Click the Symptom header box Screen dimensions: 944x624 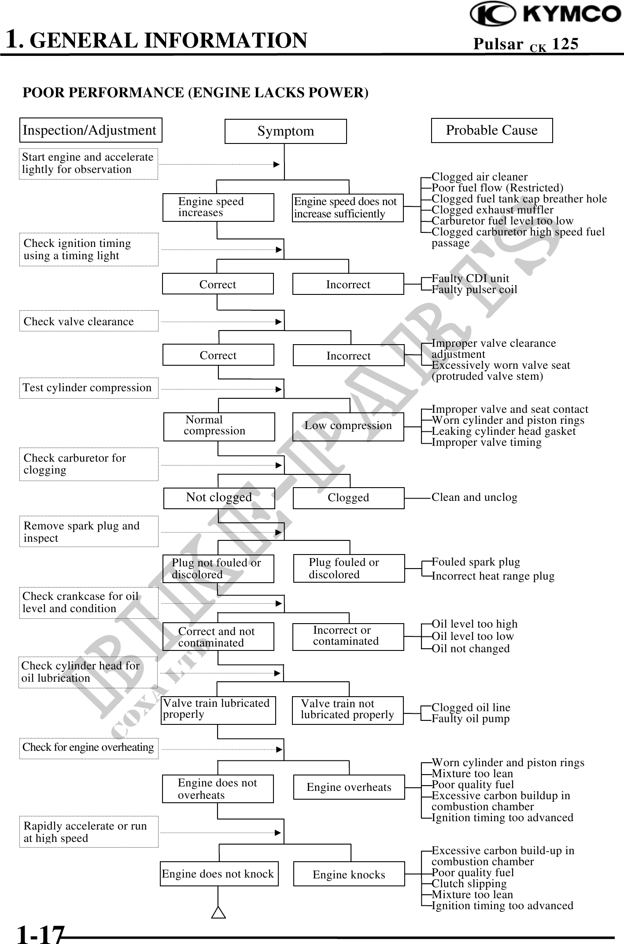tap(285, 131)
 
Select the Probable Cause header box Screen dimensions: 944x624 tap(491, 130)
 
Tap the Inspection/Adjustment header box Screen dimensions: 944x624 tap(90, 130)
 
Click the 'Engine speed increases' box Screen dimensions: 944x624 tap(218, 207)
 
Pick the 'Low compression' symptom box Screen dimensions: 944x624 tap(348, 426)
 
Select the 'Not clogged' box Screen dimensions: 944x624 tap(219, 498)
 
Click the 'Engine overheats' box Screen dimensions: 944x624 tap(349, 787)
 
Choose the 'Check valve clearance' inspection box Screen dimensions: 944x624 tap(89, 321)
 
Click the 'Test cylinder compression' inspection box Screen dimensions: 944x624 tap(89, 388)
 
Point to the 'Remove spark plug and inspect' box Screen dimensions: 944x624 tap(89, 532)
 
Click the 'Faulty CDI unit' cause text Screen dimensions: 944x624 tap(470, 279)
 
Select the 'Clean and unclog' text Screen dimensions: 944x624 tap(474, 497)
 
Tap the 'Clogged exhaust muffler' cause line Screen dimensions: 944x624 tap(492, 210)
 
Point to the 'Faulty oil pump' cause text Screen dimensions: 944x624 tap(470, 719)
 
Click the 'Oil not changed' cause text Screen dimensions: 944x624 tap(470, 648)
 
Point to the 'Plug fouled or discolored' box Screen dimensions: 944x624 tap(349, 568)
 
